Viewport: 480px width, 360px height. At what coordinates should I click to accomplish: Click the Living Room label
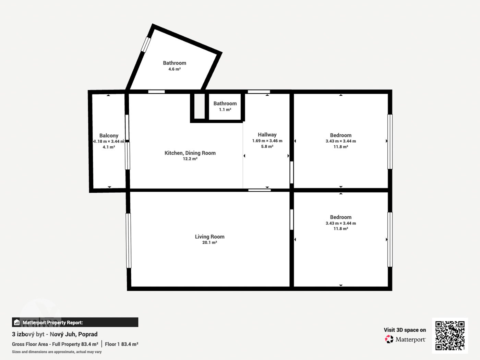pos(209,237)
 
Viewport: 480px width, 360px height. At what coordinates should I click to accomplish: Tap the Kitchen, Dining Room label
pos(190,153)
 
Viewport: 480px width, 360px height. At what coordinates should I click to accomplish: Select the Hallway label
pos(267,135)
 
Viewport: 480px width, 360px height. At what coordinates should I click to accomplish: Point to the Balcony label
pos(109,135)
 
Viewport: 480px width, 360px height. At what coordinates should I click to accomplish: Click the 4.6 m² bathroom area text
pos(175,69)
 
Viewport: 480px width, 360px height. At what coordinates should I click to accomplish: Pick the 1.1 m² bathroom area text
pos(225,109)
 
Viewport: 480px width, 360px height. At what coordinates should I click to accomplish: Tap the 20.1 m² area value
pos(209,242)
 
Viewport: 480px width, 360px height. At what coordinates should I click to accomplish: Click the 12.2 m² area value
pos(190,159)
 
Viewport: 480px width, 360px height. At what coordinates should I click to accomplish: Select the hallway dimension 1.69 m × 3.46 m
pos(267,141)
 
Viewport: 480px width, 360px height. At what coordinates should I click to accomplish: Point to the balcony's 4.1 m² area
pos(109,147)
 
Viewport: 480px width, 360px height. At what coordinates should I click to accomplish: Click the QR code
pos(450,336)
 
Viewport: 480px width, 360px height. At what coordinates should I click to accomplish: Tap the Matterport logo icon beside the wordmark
pos(389,339)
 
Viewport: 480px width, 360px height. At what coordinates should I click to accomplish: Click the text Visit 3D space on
pos(405,330)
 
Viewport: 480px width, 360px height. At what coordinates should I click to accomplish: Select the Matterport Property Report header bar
pos(75,322)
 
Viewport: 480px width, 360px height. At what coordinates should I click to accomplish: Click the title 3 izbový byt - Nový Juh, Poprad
pos(55,334)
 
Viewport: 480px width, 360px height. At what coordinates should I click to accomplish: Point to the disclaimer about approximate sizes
pos(57,352)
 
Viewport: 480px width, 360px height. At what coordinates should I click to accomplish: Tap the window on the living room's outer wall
pos(129,241)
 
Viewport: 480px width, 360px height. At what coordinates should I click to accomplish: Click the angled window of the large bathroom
pos(146,44)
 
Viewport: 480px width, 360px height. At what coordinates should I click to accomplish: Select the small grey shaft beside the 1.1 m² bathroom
pos(200,106)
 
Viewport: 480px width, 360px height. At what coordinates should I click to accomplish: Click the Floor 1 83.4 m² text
pos(121,344)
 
